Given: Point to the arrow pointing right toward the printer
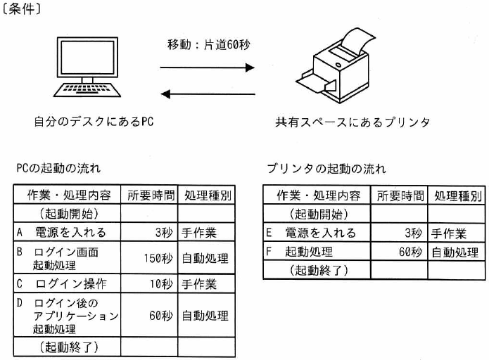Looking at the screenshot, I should (206, 68).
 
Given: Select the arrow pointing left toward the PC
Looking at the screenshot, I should (206, 93).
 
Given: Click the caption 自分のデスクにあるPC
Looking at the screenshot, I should (94, 121).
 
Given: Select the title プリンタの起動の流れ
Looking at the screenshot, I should (326, 169).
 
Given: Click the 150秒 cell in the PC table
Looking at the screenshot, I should (149, 258).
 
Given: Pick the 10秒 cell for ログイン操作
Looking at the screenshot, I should (149, 285).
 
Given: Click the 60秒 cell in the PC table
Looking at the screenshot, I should (149, 316).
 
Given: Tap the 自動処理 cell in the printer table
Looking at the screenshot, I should (457, 251).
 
